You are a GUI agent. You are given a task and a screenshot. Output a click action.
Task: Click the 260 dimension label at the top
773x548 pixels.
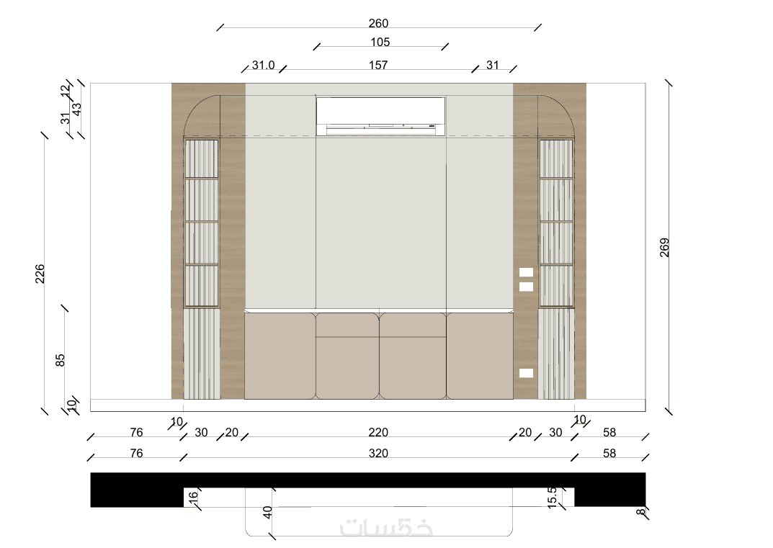378,23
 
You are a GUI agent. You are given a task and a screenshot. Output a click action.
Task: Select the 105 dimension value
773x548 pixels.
380,42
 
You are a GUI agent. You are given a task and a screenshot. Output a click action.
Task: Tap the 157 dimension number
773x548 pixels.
378,65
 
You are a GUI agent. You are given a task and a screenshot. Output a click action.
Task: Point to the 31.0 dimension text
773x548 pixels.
263,65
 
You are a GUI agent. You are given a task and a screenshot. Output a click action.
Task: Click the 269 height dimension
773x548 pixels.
664,248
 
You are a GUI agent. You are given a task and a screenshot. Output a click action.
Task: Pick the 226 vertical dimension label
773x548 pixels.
40,274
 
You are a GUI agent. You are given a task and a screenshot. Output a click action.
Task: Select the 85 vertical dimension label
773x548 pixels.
60,360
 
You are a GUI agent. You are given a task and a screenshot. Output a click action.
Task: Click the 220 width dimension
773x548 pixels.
378,432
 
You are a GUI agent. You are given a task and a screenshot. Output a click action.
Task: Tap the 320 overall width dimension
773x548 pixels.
378,453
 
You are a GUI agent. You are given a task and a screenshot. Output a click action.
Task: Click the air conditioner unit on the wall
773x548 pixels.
380,116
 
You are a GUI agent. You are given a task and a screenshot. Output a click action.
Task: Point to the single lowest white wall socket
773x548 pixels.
526,373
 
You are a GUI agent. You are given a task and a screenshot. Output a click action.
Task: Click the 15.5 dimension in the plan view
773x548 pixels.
552,498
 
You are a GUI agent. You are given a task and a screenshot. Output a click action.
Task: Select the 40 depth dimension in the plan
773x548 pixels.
267,512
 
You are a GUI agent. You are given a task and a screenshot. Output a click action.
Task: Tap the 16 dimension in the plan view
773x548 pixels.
193,496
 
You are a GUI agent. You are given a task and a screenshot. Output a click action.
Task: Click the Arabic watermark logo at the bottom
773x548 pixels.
386,527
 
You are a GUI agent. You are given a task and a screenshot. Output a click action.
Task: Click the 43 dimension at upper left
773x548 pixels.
77,109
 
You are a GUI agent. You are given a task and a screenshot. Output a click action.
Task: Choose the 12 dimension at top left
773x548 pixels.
66,91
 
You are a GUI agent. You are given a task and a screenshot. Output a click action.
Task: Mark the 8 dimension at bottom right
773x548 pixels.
640,511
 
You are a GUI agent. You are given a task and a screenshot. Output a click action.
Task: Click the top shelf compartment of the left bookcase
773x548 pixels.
201,158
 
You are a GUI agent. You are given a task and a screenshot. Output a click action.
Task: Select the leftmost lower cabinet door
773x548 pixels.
280,356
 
